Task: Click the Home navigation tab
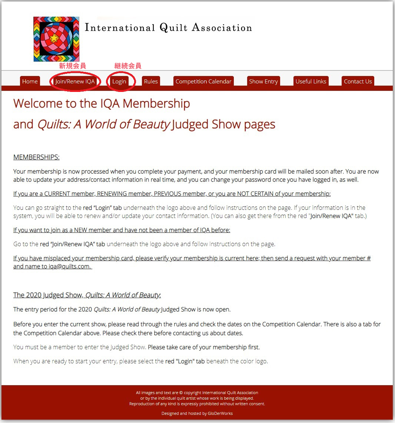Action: click(30, 82)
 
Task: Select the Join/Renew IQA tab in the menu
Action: click(75, 82)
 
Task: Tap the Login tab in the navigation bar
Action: click(119, 82)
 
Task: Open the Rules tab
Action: click(151, 82)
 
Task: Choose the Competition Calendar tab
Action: click(203, 82)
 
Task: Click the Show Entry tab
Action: click(263, 82)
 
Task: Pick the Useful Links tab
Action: click(311, 82)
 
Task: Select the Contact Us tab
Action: click(358, 82)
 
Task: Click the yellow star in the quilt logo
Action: click(54, 38)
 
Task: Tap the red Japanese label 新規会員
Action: click(73, 66)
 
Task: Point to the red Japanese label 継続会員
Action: click(128, 66)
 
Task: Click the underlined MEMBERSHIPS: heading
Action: click(36, 157)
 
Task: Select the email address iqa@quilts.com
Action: click(70, 266)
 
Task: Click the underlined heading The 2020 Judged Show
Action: click(48, 295)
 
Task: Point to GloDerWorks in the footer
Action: click(220, 413)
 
